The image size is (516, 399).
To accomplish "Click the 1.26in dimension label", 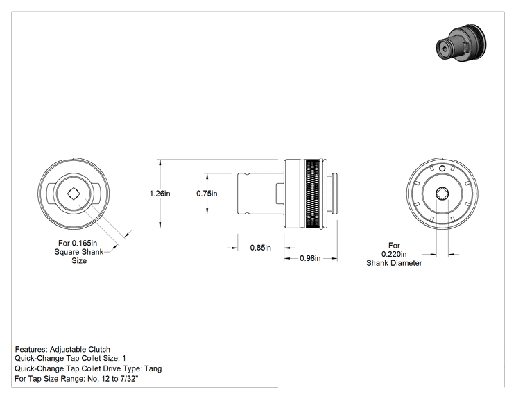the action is tap(160, 194).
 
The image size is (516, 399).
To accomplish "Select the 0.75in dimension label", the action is tap(207, 194).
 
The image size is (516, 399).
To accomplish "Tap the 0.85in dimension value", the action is tap(261, 248).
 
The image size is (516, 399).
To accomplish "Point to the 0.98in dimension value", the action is tap(310, 258).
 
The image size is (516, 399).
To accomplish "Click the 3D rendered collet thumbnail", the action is tap(461, 43).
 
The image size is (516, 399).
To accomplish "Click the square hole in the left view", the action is tap(74, 194).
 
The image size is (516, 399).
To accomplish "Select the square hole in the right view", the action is tap(442, 194).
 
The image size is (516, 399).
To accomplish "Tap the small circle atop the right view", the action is tap(442, 169).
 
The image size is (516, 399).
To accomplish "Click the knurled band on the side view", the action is tap(312, 194).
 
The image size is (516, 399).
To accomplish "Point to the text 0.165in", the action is tap(85, 244).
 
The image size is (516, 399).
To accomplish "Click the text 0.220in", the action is tap(394, 254).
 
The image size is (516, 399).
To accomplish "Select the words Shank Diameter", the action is tap(394, 263).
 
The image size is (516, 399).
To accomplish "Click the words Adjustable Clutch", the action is tap(80, 349).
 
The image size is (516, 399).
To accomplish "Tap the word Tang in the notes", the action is tap(153, 368).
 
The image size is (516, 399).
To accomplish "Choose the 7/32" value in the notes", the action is tap(129, 379).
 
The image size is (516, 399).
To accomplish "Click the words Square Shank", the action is tap(79, 252).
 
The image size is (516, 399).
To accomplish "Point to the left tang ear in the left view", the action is tap(50, 194).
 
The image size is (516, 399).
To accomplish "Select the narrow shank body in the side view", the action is tap(257, 194).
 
